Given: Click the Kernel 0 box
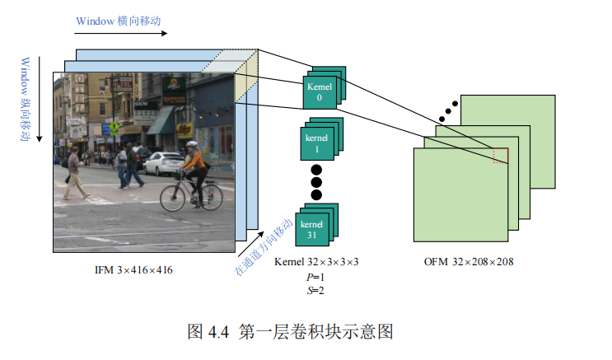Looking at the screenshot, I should click(319, 91).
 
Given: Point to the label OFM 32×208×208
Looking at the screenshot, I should click(467, 263).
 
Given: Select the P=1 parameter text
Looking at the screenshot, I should click(315, 277).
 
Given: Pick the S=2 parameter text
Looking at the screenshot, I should click(315, 290).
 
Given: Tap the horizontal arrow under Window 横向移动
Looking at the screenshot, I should click(120, 34).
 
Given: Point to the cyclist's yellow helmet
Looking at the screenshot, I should click(192, 144).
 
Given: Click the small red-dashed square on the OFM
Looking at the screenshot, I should click(501, 156).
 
